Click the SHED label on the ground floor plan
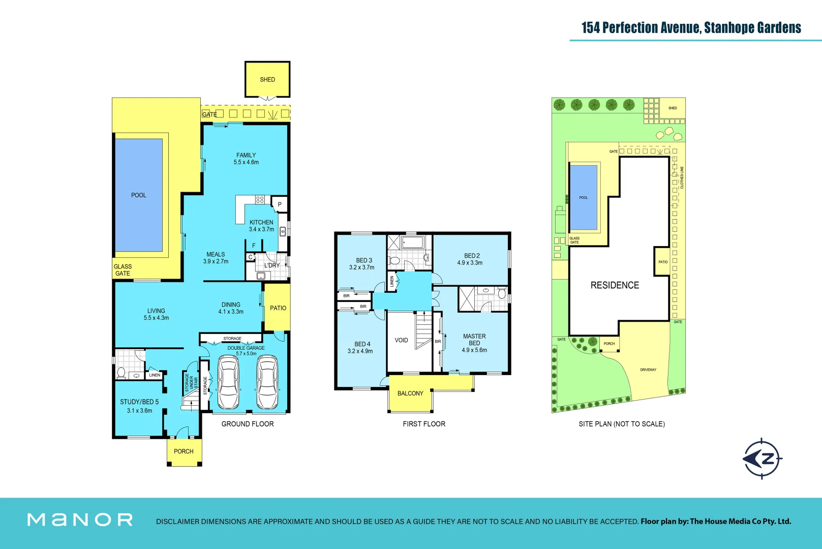[x=267, y=80]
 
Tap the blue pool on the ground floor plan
[x=139, y=195]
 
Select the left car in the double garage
[x=228, y=382]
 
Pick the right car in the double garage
[x=267, y=382]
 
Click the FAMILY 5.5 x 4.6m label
[x=246, y=159]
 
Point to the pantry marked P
[x=280, y=204]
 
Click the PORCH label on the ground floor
[x=184, y=451]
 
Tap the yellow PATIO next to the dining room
[x=278, y=308]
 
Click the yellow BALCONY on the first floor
[x=410, y=393]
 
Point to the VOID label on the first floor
[x=401, y=341]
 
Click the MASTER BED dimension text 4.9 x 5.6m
[x=474, y=350]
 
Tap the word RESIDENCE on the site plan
[x=615, y=285]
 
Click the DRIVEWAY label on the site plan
[x=648, y=370]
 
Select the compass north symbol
[x=763, y=459]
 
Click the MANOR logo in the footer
[x=80, y=520]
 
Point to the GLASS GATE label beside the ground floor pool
[x=123, y=270]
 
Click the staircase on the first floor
[x=423, y=330]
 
